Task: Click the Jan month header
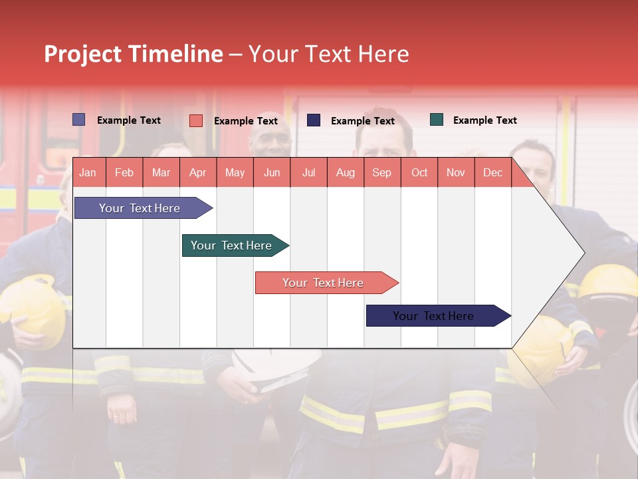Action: (88, 172)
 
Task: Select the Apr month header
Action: (197, 172)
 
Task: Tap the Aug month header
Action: (345, 172)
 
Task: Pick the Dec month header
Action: (492, 172)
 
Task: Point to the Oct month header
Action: (419, 172)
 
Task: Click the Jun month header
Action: (271, 172)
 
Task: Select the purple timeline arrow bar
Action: (140, 208)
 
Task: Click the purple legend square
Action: (78, 120)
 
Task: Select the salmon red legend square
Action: (195, 120)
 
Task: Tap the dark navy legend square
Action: (313, 120)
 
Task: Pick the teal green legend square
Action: (436, 120)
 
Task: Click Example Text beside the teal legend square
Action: (484, 120)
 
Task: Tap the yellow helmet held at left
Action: (33, 309)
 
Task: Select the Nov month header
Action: (455, 172)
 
